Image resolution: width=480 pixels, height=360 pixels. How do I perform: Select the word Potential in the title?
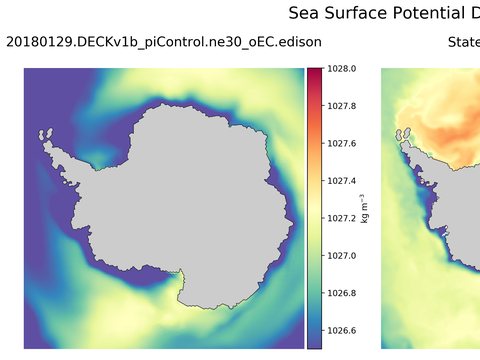(x=437, y=13)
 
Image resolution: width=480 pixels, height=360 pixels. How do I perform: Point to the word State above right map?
(x=463, y=42)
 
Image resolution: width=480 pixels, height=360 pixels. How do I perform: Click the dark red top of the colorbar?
(x=314, y=71)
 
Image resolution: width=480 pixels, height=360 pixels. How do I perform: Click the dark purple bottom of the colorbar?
(x=314, y=343)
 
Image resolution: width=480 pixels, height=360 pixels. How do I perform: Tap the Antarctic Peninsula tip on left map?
(x=42, y=135)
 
